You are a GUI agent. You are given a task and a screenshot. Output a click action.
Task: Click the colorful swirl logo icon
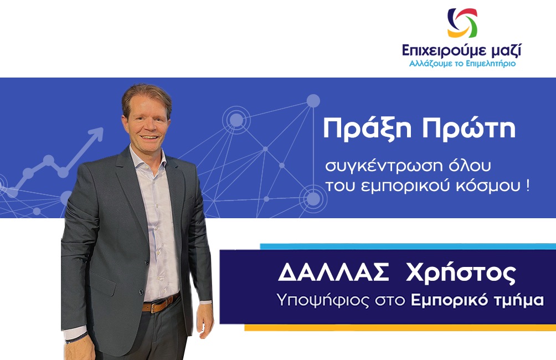(462, 23)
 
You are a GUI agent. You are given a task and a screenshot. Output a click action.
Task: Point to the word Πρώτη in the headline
(469, 128)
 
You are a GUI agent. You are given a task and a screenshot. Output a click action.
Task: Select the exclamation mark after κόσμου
(528, 185)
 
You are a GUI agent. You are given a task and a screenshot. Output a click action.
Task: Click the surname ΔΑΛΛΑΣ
(334, 272)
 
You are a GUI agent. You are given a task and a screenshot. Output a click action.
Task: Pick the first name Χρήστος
(461, 274)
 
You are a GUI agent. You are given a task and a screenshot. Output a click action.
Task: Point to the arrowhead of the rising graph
(97, 133)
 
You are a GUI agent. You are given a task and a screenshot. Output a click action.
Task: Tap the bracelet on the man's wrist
(76, 337)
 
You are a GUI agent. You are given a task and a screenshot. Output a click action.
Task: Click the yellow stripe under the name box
(400, 327)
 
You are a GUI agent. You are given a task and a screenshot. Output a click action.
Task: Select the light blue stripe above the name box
(408, 246)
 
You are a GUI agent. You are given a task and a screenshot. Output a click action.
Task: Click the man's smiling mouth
(150, 137)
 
